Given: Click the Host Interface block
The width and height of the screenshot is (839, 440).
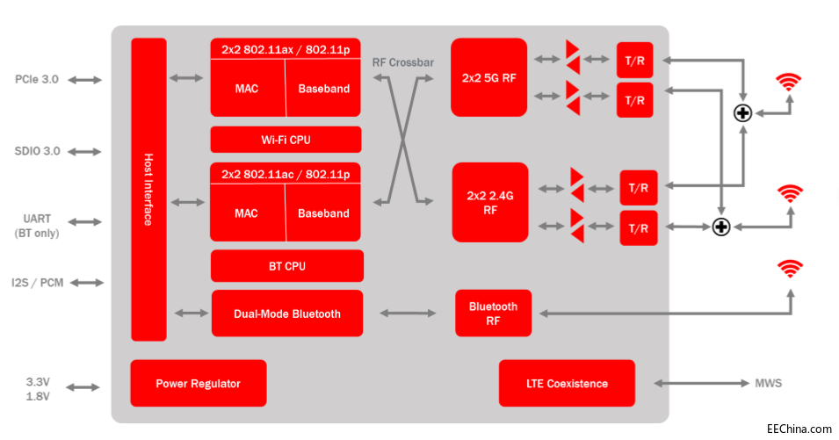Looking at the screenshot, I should pos(148,189).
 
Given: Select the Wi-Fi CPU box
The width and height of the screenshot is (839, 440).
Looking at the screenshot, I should pos(286,140).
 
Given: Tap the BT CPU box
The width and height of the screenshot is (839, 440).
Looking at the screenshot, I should pos(286,266).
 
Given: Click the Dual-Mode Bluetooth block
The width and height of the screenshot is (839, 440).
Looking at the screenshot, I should pos(286,314).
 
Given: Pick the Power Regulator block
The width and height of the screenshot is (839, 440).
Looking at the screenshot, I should pos(198,383).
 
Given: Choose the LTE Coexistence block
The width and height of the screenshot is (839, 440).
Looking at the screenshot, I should pos(567,383).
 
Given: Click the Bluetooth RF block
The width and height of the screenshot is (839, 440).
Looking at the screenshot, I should pos(493,313).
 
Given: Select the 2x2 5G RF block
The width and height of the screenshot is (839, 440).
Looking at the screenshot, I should pos(488,77).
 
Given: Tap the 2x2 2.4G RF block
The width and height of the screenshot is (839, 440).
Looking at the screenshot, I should pos(489,202).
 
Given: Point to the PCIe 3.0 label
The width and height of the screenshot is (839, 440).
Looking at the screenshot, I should pos(37,80).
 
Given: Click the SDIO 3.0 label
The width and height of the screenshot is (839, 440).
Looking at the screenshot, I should pos(38,151).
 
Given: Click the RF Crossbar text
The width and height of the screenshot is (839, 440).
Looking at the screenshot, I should pos(403,61).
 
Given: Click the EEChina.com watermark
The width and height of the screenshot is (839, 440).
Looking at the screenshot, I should pos(799,429).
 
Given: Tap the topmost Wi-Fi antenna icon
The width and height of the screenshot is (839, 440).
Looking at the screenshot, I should pos(789,82).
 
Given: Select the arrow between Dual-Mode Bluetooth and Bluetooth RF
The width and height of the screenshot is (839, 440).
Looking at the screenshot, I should pos(409,313).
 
